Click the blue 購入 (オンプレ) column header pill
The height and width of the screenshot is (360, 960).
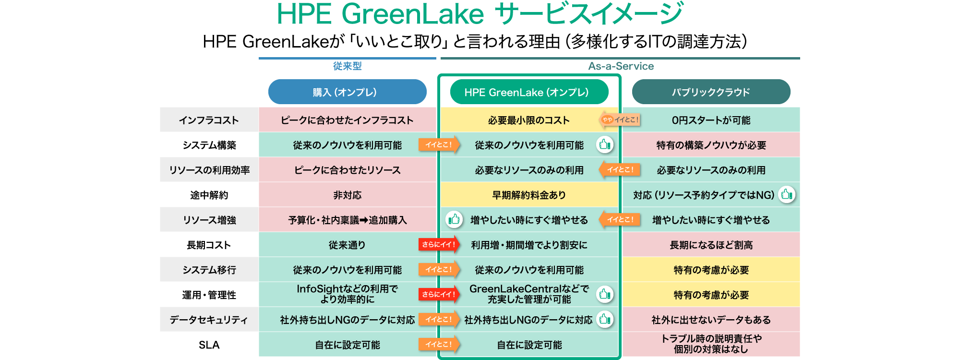[x=347, y=92]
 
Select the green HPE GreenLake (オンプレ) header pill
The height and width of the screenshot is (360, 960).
[x=529, y=92]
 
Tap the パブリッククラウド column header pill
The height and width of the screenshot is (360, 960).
[x=711, y=92]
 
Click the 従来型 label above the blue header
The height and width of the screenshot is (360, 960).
[x=347, y=66]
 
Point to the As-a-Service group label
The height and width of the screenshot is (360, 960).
[x=621, y=66]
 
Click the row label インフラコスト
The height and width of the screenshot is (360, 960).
[x=209, y=120]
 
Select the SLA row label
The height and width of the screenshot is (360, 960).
[x=209, y=345]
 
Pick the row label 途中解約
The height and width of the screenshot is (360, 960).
[x=209, y=195]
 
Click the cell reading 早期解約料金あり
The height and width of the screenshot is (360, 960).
[x=529, y=195]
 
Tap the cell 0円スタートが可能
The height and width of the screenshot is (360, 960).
[x=711, y=120]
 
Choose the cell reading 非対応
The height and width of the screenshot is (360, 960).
[x=347, y=195]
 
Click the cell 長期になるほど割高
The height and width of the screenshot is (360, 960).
[x=711, y=245]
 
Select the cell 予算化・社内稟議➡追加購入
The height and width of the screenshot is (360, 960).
[x=347, y=220]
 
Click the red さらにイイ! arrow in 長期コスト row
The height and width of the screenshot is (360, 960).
[x=439, y=245]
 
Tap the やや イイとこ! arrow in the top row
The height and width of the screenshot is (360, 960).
[x=620, y=120]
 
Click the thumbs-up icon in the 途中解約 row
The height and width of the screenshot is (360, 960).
[x=786, y=194]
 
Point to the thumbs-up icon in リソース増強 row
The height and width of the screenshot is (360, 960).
[x=454, y=219]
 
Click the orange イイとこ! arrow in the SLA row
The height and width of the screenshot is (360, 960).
[x=439, y=344]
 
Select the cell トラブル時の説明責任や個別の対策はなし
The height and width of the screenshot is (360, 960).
[x=711, y=344]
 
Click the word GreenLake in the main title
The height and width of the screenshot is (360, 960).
[x=412, y=14]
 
